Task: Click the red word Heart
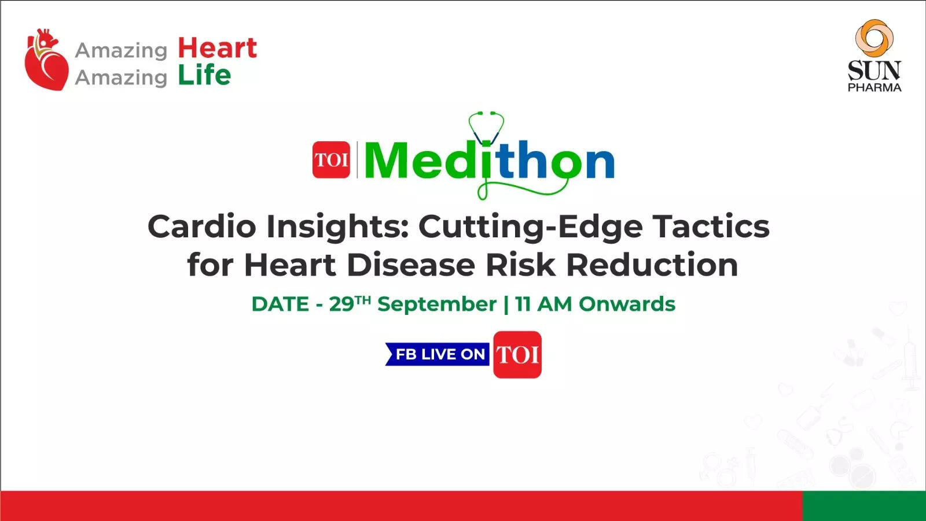pos(217,48)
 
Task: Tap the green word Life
pos(204,75)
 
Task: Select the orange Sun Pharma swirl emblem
pos(874,38)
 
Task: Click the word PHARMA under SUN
pos(874,87)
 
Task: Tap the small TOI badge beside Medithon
pos(331,160)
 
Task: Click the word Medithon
pos(489,161)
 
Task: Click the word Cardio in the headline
pos(201,226)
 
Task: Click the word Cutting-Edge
pos(530,226)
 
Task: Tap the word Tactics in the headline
pos(711,226)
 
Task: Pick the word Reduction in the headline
pos(652,265)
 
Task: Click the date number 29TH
pos(350,303)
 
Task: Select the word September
pos(437,304)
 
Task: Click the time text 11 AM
pos(543,304)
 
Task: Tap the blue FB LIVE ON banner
pos(438,354)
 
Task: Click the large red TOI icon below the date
pos(517,354)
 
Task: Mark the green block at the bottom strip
pos(863,505)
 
